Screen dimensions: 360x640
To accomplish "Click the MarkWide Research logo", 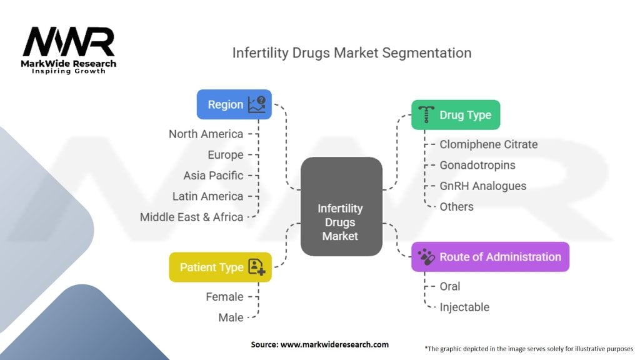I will pos(69,49).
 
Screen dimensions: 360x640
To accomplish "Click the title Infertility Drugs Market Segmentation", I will pos(352,52).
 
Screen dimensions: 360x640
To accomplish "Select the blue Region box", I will pos(234,104).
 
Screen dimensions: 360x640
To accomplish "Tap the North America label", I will pos(206,134).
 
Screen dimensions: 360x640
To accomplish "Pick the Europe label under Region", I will pos(225,154).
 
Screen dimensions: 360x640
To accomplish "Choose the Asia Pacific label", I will pos(213,176).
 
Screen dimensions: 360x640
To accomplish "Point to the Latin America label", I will pos(207,196).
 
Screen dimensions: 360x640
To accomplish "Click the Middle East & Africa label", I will pos(191,217).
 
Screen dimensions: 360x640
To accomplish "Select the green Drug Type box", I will pos(456,115).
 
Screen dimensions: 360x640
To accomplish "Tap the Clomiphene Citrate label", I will pos(488,144).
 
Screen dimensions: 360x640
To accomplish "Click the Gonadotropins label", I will pos(477,165).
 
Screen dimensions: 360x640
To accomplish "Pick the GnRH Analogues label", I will pos(482,186).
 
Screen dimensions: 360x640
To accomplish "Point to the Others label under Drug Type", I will pos(456,207).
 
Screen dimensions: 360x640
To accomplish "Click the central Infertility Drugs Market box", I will pos(341,207).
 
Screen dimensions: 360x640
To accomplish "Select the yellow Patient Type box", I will pos(220,267).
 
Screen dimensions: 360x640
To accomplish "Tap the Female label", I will pos(224,297).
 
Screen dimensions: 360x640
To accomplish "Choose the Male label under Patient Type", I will pos(231,317).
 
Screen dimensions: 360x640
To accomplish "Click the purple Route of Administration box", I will pos(490,257).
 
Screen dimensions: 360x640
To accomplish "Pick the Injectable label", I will pos(464,307).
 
